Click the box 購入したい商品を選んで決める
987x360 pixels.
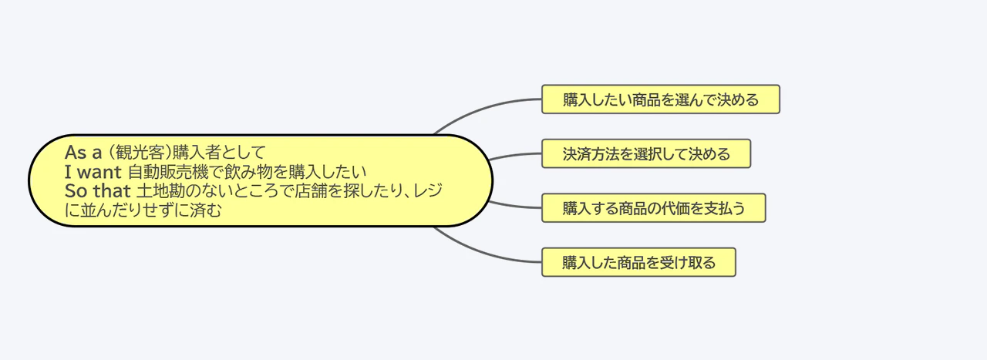click(x=661, y=99)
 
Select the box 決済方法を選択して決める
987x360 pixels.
click(x=646, y=153)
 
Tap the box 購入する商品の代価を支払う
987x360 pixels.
click(x=654, y=208)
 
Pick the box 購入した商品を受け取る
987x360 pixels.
click(x=638, y=262)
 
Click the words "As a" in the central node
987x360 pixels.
click(x=83, y=151)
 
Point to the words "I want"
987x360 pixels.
click(x=93, y=171)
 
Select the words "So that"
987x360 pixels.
click(x=98, y=190)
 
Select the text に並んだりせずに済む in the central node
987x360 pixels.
click(x=143, y=210)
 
